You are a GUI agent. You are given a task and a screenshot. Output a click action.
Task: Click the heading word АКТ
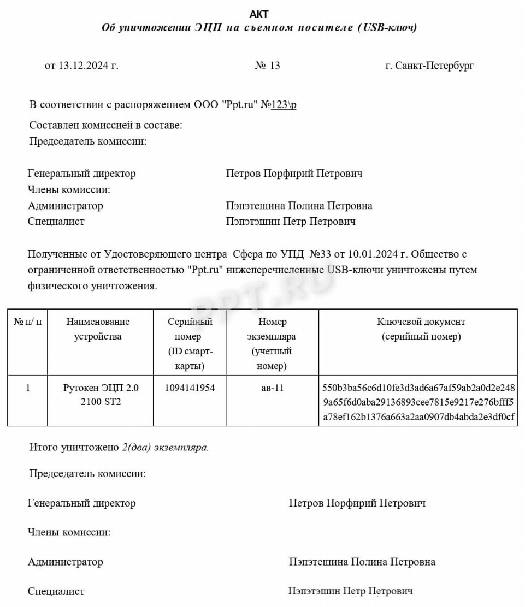coord(259,14)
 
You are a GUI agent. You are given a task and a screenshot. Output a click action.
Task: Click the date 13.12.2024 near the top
coord(88,66)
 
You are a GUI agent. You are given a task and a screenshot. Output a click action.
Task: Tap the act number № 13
coord(267,66)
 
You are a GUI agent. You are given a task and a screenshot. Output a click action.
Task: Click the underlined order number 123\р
coord(284,105)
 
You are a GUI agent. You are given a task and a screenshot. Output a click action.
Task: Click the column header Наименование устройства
coord(98,329)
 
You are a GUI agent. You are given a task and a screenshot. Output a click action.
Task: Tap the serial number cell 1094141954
coord(190,388)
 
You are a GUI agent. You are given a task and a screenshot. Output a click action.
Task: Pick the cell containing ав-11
coord(272,388)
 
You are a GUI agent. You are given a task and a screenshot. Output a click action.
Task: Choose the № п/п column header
coord(28,322)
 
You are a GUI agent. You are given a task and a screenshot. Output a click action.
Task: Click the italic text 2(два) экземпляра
coord(166,447)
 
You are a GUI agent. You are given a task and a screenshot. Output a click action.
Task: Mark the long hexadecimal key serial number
coord(418,403)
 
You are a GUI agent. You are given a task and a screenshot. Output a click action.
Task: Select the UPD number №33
coord(322,254)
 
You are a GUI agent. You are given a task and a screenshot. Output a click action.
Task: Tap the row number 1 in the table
coord(28,388)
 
